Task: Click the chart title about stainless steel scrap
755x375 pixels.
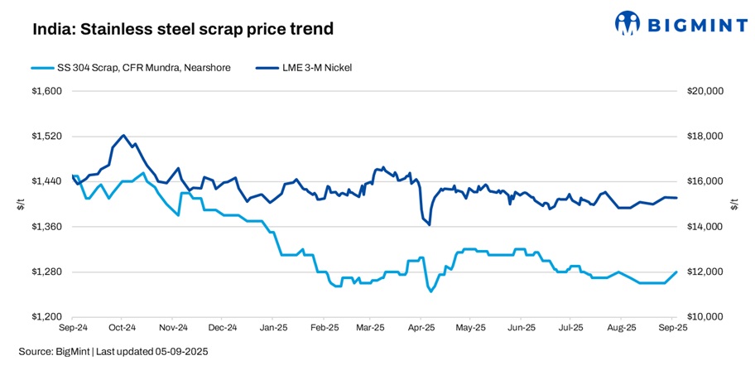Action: click(183, 29)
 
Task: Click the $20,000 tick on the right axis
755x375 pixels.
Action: click(705, 91)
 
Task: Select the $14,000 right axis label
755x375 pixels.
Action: click(705, 227)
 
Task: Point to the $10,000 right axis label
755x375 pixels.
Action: click(705, 317)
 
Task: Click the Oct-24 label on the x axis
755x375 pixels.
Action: click(123, 328)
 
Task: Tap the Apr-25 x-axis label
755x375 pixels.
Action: click(421, 328)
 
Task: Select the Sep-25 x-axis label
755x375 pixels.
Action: click(671, 328)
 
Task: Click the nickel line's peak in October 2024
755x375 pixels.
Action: click(123, 135)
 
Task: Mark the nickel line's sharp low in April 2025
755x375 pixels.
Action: click(429, 224)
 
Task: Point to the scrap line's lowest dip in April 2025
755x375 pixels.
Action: click(430, 291)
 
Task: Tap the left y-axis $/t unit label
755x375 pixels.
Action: click(22, 204)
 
